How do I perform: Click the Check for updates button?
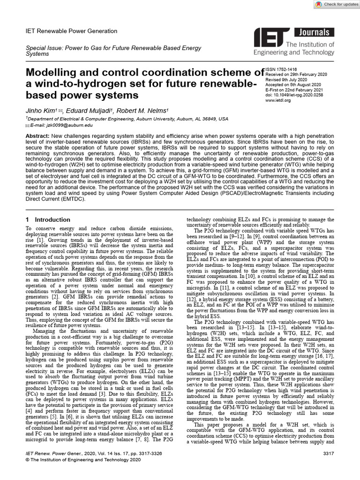tap(334, 4)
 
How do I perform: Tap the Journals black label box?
tap(314, 32)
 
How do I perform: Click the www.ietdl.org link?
tap(277, 100)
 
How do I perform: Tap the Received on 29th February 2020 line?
tap(296, 75)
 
